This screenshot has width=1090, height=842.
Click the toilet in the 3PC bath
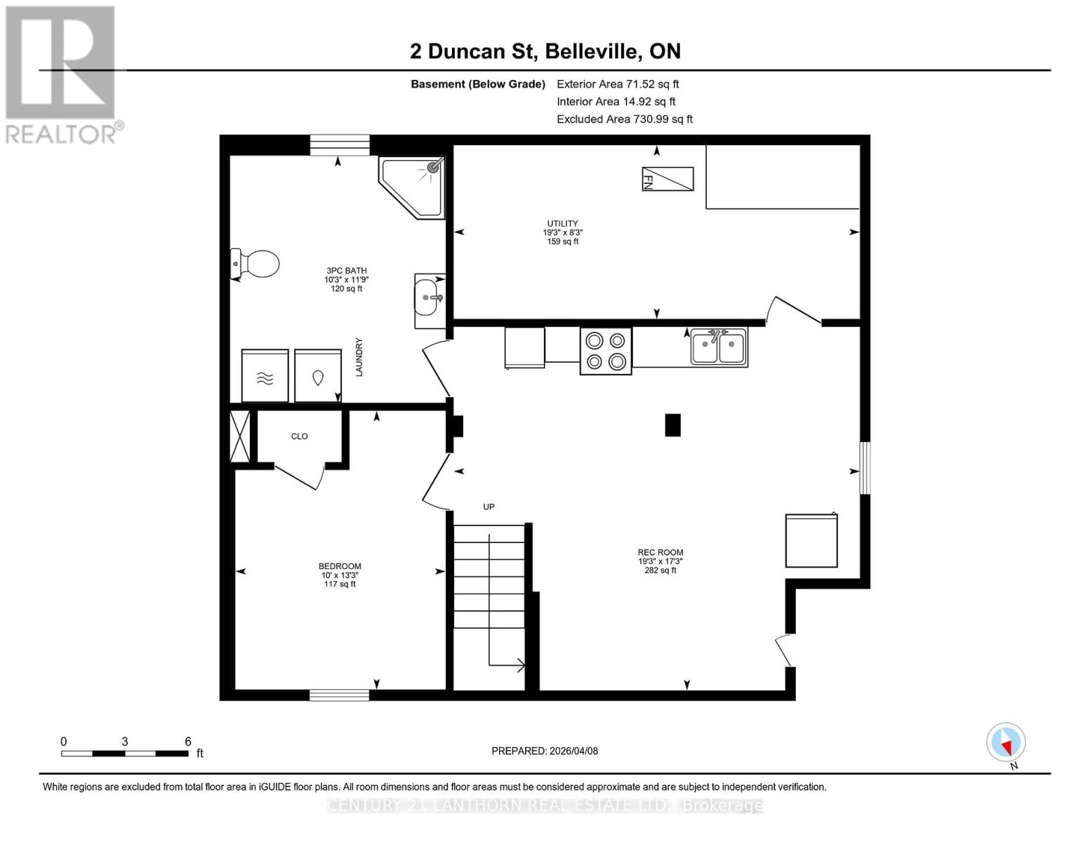257,264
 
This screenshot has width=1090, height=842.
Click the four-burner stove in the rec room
606,351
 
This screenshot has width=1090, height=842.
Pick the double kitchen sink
718,347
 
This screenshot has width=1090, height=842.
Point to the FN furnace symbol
667,179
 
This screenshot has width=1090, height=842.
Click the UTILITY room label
562,224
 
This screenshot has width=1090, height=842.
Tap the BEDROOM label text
340,566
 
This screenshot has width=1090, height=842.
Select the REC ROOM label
660,552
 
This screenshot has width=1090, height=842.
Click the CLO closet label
299,436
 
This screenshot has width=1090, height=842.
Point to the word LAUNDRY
359,357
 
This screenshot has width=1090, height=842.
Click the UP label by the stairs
488,507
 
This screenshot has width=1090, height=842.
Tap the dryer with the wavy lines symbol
265,376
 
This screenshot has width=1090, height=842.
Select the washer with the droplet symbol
317,376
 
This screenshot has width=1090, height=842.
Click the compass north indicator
1006,742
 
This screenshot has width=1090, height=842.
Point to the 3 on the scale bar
125,742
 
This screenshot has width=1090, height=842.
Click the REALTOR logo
62,74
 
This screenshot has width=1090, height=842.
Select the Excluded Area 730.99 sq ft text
624,119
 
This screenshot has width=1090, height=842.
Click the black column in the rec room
672,425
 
